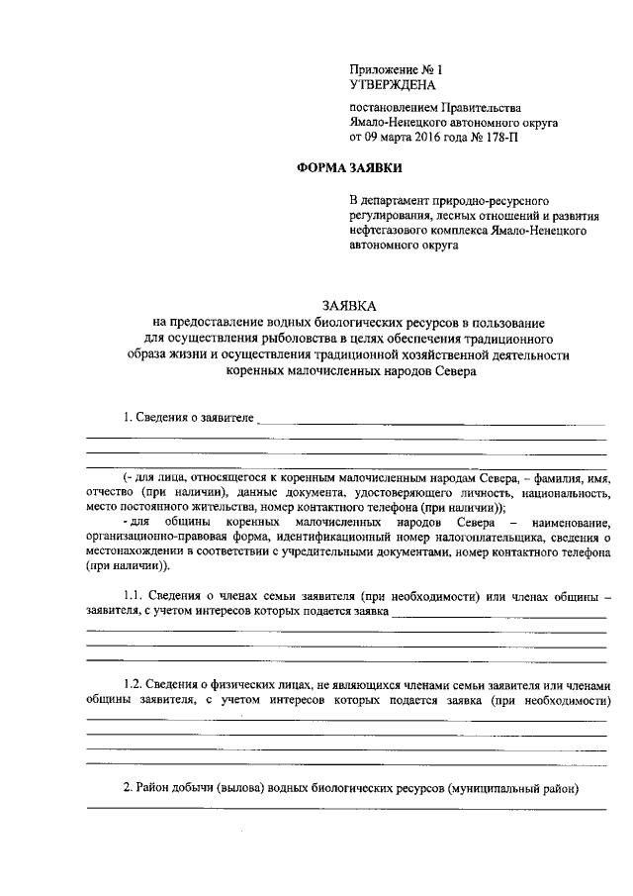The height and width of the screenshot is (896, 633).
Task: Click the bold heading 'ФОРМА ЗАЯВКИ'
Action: coord(349,169)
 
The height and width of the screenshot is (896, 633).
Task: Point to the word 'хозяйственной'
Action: coord(446,355)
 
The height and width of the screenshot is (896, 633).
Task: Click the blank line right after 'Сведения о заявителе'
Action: coord(431,422)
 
